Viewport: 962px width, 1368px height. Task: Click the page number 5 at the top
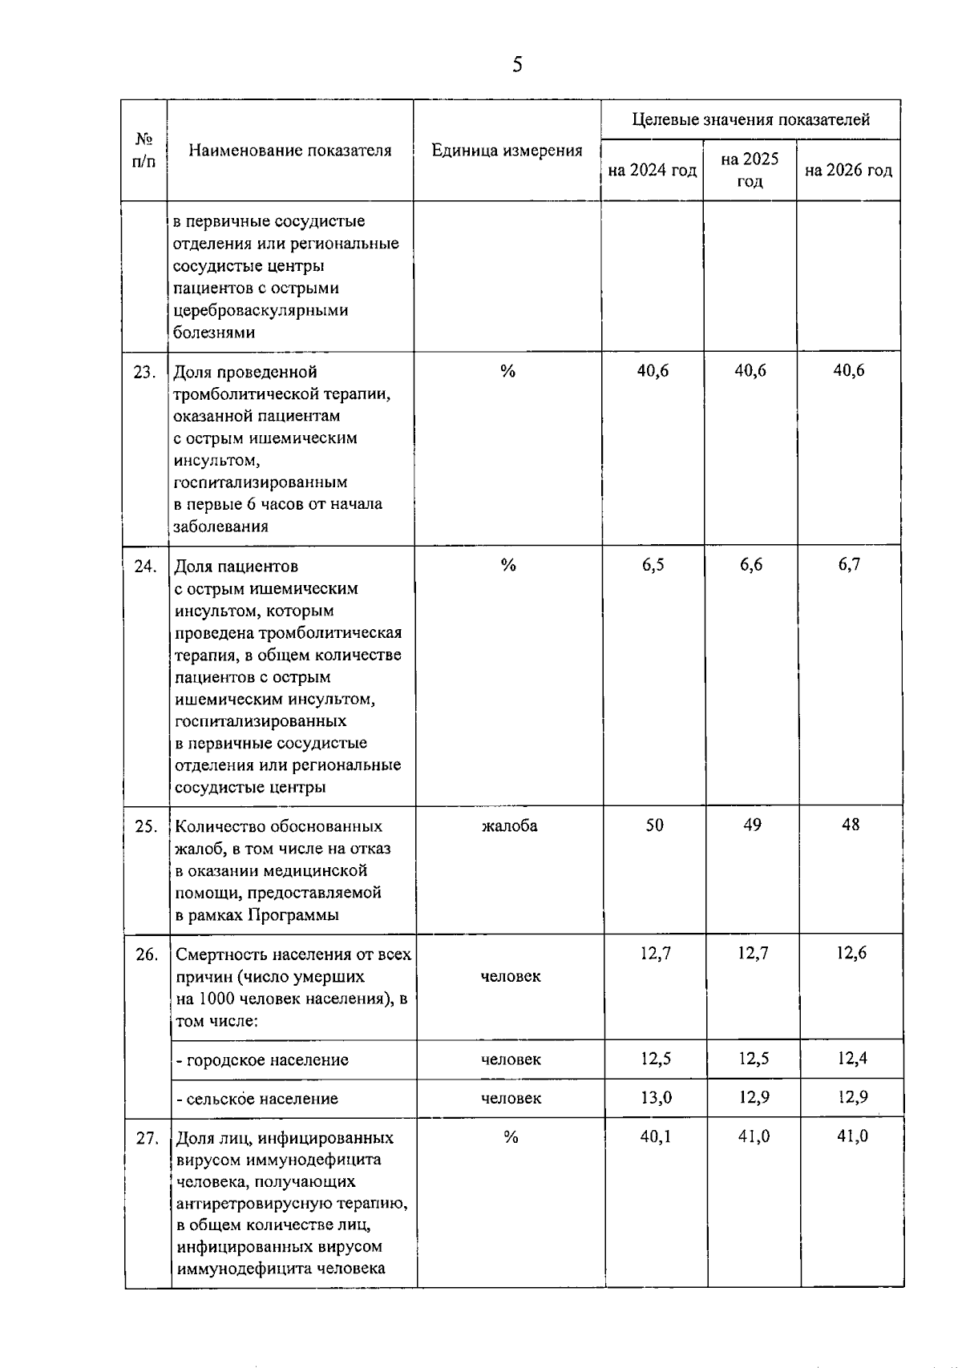coord(517,64)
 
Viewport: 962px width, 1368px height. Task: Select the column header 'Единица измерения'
coord(507,151)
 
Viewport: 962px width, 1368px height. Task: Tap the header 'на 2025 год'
coord(750,170)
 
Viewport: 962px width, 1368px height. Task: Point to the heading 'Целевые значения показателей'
coord(750,120)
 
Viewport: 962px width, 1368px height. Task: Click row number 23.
coord(144,372)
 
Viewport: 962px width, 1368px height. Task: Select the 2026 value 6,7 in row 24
coord(849,565)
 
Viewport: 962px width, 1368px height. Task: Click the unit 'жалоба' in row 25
coord(510,825)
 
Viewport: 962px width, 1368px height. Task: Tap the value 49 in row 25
coord(752,825)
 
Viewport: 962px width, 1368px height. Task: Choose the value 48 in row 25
coord(851,825)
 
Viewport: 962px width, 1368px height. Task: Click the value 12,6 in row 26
coord(851,953)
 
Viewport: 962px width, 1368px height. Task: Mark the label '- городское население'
coord(262,1060)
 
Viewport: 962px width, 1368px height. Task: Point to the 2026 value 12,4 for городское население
coord(852,1059)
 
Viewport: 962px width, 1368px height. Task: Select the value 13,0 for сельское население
coord(656,1097)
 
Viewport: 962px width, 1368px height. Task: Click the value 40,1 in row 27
coord(656,1136)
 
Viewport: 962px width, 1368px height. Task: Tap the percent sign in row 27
coord(511,1137)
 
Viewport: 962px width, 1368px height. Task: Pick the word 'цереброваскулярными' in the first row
coord(261,310)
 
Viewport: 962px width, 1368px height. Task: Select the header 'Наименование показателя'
coord(290,151)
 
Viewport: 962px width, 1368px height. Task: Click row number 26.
coord(147,954)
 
